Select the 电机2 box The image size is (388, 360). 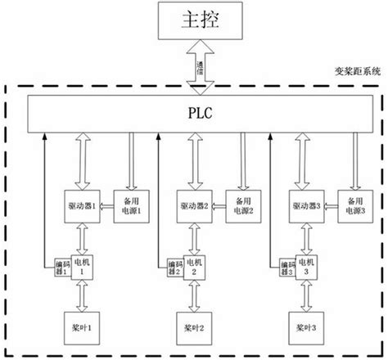pyautogui.click(x=193, y=265)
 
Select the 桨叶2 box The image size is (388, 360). pyautogui.click(x=194, y=327)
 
